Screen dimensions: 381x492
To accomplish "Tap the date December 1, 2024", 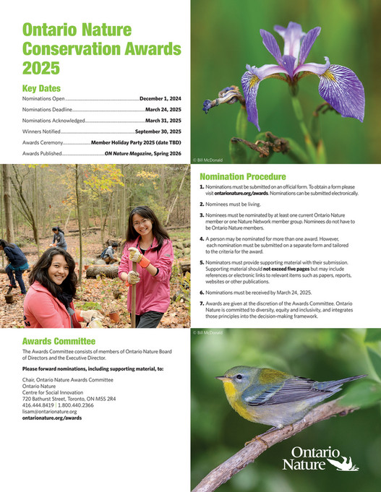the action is click(x=160, y=97).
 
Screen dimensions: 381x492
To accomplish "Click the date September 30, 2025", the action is click(x=158, y=131).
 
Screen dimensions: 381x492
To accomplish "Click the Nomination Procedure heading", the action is click(x=242, y=176).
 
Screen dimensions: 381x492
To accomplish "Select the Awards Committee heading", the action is click(x=59, y=341).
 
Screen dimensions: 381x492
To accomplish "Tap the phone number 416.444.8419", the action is click(x=38, y=405).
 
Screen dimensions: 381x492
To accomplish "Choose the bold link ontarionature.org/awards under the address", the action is click(x=52, y=418).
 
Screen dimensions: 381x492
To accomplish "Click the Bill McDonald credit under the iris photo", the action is click(x=210, y=157).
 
